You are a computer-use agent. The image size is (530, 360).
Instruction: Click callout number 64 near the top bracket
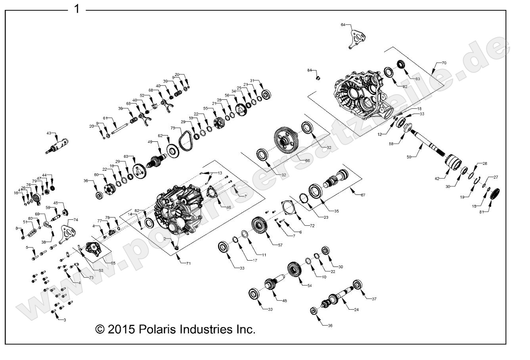pos(343,25)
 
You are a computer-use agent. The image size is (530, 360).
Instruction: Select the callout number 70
pos(444,63)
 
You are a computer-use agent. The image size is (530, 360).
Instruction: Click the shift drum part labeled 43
pos(57,145)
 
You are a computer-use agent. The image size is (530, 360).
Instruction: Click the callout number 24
pos(356,310)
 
